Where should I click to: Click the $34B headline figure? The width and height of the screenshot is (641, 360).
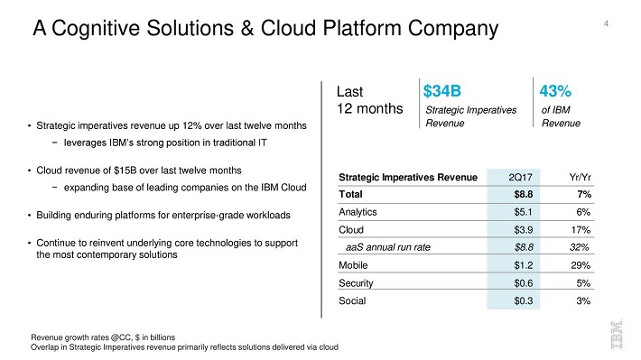[441, 91]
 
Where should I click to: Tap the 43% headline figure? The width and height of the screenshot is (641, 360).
[555, 91]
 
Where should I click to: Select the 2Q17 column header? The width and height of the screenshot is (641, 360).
[520, 178]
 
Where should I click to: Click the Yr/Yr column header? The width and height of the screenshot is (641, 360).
[581, 178]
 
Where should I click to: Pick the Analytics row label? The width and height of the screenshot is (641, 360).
[358, 212]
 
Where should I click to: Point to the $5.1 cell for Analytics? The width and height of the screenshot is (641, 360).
[524, 212]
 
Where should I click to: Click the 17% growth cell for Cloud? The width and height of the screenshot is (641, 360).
[581, 230]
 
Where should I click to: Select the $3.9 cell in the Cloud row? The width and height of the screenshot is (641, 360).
[524, 230]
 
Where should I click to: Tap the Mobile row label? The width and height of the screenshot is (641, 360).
[353, 265]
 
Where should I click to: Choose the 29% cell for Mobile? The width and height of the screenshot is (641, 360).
[581, 265]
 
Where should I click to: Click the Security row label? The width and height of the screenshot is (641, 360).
[356, 283]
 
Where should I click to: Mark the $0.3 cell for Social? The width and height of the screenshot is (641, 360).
[524, 300]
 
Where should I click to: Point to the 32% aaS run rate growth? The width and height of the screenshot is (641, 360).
[580, 247]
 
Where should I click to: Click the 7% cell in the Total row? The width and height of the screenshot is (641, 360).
[584, 194]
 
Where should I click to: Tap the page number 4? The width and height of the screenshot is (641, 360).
[606, 23]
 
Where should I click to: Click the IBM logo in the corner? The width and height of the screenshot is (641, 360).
[617, 335]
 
